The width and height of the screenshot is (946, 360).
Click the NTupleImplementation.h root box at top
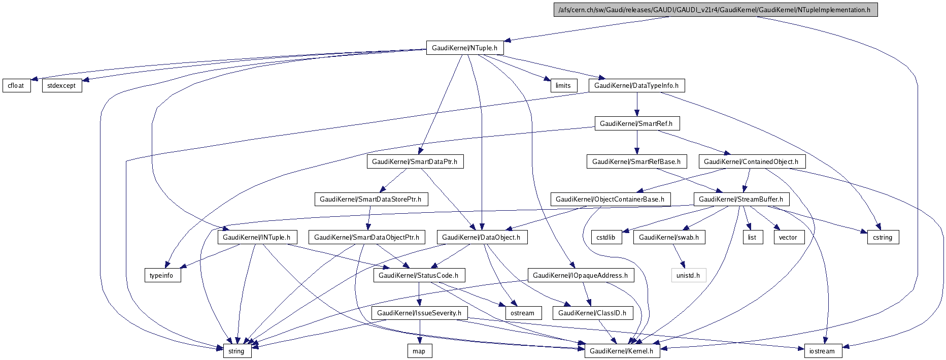[x=716, y=10]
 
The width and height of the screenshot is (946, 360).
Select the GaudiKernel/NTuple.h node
[x=464, y=48]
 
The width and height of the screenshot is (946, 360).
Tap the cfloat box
[x=16, y=85]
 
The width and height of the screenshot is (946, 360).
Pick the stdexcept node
[x=61, y=85]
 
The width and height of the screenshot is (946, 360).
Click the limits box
[x=563, y=85]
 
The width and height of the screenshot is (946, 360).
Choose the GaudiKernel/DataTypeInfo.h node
[x=636, y=85]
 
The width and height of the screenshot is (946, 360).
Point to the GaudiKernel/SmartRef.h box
[x=636, y=123]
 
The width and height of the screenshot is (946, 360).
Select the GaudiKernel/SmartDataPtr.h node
[x=415, y=161]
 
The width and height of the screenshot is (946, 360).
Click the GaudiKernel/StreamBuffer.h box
[x=741, y=199]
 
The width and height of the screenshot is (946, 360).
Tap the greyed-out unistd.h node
[x=688, y=275]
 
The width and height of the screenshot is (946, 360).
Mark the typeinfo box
[x=161, y=275]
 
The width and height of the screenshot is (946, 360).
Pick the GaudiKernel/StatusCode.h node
[x=419, y=275]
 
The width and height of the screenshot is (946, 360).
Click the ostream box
[x=522, y=313]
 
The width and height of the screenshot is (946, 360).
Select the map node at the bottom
[x=419, y=351]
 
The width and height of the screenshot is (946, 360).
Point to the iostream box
[x=822, y=351]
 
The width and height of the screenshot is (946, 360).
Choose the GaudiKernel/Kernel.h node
[x=622, y=351]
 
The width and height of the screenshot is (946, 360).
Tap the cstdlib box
[x=606, y=237]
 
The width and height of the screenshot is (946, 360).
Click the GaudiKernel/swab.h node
[x=669, y=237]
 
